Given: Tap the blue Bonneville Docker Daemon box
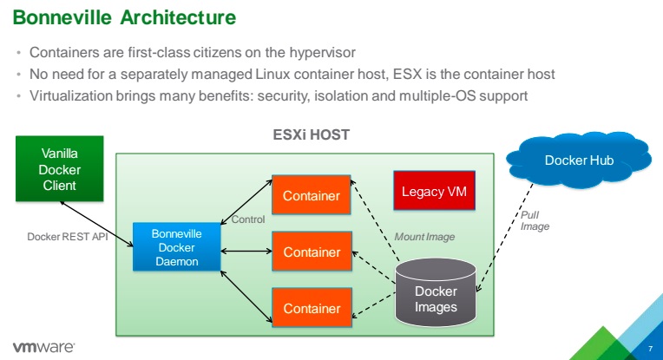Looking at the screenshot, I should click(176, 246).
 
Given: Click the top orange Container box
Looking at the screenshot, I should click(311, 195).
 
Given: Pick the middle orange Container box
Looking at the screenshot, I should click(311, 252).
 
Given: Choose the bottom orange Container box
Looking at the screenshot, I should click(311, 308).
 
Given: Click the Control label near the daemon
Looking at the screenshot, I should click(247, 220).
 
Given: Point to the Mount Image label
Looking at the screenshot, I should click(424, 236).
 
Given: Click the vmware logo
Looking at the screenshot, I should click(43, 345).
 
